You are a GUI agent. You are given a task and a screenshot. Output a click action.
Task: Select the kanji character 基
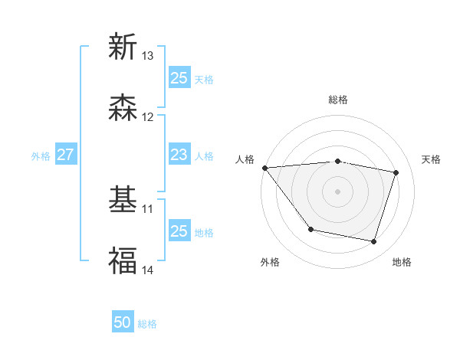[x=123, y=200]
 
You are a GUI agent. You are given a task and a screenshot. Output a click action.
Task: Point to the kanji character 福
[x=123, y=260]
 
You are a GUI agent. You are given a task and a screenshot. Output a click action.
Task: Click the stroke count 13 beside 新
[x=148, y=56]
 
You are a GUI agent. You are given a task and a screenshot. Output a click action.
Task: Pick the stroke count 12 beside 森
[x=148, y=117]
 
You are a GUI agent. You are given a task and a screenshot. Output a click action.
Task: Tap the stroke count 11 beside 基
[x=148, y=208]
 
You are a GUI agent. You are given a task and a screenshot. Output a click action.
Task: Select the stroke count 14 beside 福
[x=148, y=270]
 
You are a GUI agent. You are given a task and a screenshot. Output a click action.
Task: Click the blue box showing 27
[x=65, y=155]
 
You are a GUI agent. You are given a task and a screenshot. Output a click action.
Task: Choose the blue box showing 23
[x=179, y=155]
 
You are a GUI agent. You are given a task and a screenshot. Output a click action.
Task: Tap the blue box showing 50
[x=123, y=323]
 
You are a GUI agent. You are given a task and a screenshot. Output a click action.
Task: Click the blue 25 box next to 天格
[x=179, y=78]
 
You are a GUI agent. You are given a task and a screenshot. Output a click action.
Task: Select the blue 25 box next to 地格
[x=179, y=231]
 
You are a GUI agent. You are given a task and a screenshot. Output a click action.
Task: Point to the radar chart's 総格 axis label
[x=338, y=100]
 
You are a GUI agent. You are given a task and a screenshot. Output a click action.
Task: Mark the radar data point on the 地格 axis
[x=374, y=242]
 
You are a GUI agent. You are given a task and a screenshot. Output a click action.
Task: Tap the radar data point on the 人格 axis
[x=264, y=168]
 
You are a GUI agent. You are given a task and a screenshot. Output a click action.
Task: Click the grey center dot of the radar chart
[x=338, y=191]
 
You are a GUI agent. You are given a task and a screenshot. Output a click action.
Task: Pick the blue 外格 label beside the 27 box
[x=41, y=155]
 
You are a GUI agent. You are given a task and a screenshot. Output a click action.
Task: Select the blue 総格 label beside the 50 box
[x=147, y=324]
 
